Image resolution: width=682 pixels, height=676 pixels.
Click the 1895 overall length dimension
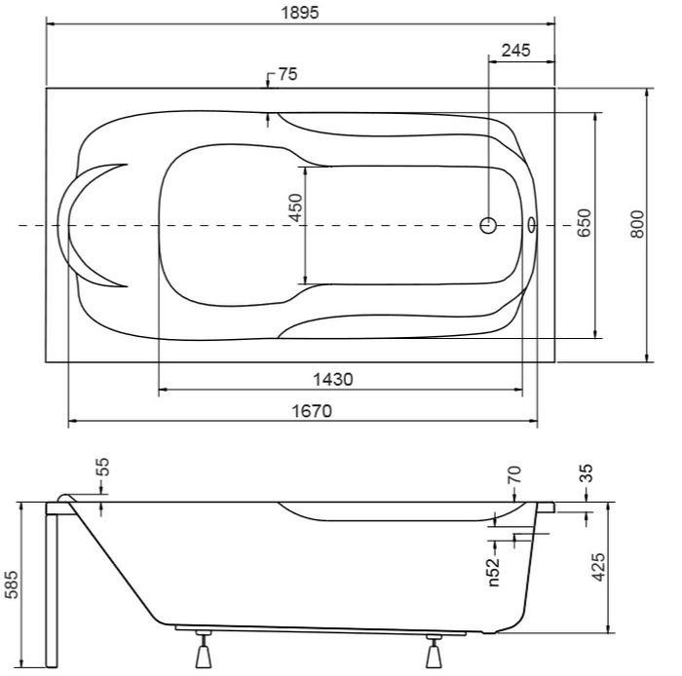(x=300, y=12)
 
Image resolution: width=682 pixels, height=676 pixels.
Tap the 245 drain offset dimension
(x=515, y=51)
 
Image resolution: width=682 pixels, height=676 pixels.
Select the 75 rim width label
(x=288, y=74)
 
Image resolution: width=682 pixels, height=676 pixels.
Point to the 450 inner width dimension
(x=295, y=207)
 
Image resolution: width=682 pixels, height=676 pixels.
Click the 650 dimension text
(x=585, y=223)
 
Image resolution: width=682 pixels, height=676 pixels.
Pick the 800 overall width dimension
(x=637, y=223)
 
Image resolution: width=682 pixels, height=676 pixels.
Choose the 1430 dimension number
(x=333, y=380)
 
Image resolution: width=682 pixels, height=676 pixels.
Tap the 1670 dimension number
(x=312, y=411)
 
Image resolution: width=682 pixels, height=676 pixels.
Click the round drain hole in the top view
(x=488, y=225)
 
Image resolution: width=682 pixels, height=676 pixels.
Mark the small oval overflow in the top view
(x=532, y=225)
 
